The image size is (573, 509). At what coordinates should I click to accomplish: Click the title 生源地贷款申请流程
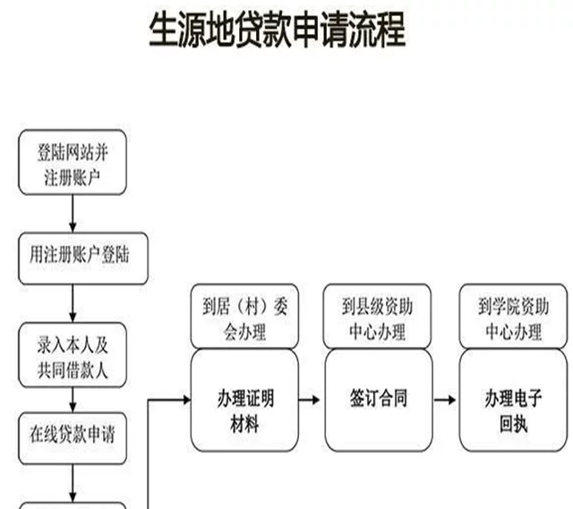pos(277,30)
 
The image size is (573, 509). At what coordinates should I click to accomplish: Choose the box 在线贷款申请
pos(73,435)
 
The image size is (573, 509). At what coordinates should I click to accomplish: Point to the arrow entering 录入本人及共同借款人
pos(73,304)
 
